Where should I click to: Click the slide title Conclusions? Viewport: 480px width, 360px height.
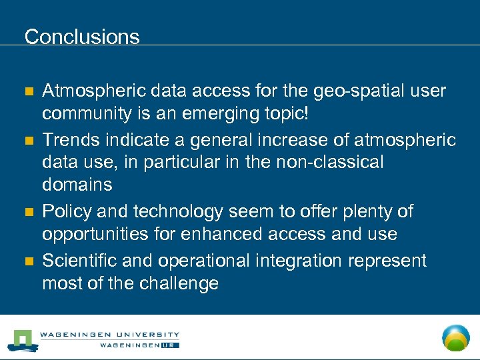(82, 36)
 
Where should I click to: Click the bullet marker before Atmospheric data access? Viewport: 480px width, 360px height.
(28, 91)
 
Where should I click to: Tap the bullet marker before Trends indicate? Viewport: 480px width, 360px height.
(28, 140)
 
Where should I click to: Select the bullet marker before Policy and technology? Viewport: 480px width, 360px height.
(28, 212)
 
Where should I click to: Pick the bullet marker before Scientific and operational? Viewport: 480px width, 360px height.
(28, 260)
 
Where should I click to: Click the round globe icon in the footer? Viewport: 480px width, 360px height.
(456, 337)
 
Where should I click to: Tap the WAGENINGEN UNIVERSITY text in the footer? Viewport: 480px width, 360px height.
(109, 335)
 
